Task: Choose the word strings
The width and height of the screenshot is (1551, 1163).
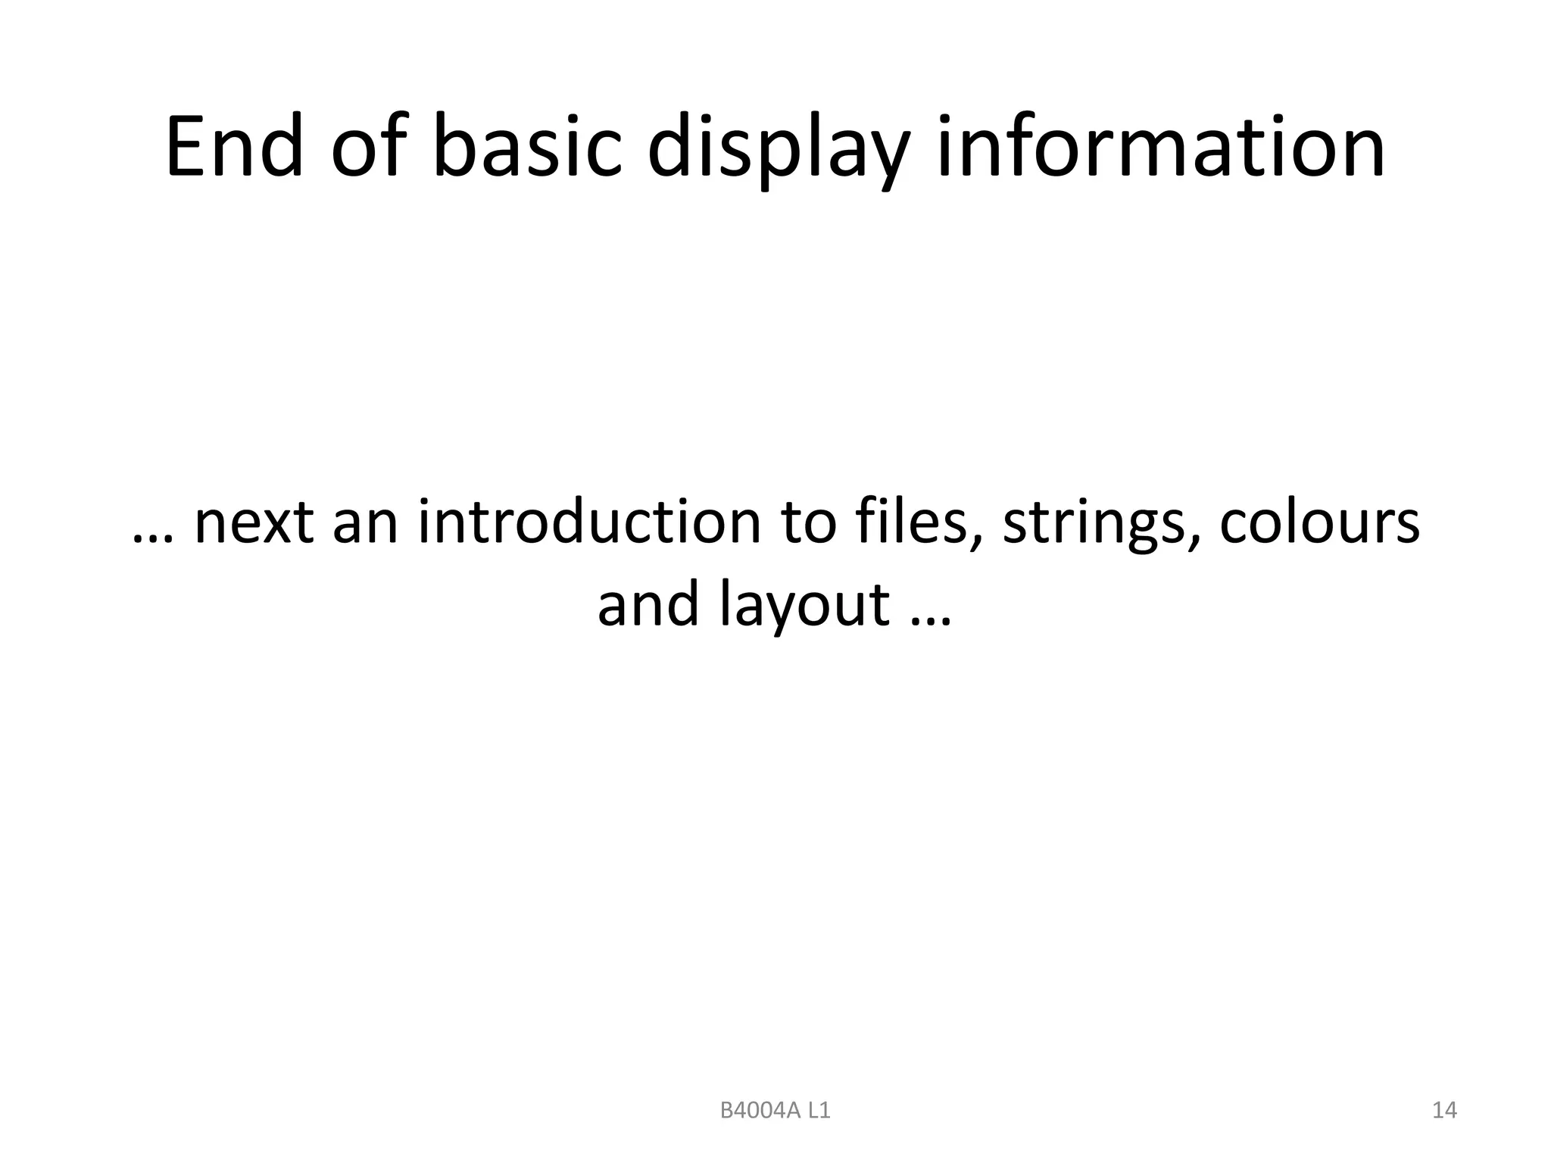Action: pos(1097,524)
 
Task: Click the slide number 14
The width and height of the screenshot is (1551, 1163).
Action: pos(1444,1111)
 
